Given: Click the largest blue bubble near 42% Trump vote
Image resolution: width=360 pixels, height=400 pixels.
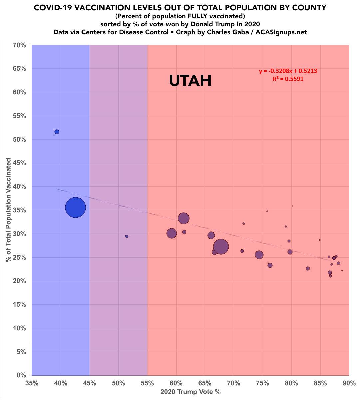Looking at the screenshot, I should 75,207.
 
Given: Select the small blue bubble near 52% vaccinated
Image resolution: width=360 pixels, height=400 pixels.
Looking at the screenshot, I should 57,132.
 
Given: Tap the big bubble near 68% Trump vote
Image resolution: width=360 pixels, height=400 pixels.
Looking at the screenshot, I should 221,247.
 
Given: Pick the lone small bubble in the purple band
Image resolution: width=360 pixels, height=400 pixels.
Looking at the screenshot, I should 127,236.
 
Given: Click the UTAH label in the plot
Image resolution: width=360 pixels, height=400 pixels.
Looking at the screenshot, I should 190,81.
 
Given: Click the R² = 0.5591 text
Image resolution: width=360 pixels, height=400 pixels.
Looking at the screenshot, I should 288,79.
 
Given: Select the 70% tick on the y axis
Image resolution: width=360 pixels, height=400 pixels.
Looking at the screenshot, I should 19,45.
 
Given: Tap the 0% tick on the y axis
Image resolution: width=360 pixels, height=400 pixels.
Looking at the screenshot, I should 21,375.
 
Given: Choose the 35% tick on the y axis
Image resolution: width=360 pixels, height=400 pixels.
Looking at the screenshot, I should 19,210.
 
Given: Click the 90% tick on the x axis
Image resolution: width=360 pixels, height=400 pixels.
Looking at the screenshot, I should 349,383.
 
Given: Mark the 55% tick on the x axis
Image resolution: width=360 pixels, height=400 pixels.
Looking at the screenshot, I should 147,383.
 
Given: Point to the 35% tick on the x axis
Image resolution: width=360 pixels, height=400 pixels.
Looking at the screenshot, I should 32,383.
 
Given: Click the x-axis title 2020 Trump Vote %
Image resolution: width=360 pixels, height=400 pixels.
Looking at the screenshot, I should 190,392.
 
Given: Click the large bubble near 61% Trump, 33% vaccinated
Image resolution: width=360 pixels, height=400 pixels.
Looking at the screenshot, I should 183,218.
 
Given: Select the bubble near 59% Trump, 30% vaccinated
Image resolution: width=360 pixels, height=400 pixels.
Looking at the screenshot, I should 171,233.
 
